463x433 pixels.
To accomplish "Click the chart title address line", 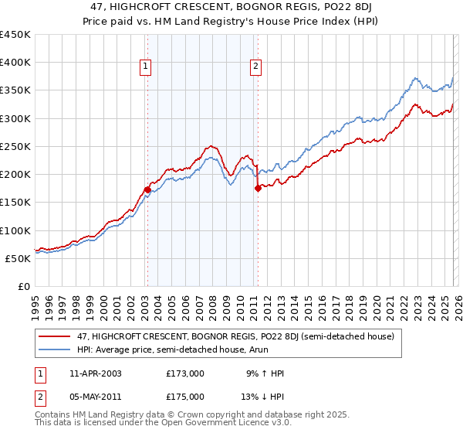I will click(231, 7).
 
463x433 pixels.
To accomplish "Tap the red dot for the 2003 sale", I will click(147, 189).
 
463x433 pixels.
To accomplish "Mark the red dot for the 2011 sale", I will click(258, 188).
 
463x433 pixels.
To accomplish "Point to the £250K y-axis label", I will click(15, 146).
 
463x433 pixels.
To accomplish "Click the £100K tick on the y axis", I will click(15, 230).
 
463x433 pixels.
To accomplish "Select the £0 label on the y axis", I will click(23, 286).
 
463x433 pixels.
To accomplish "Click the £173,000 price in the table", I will click(184, 373).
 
